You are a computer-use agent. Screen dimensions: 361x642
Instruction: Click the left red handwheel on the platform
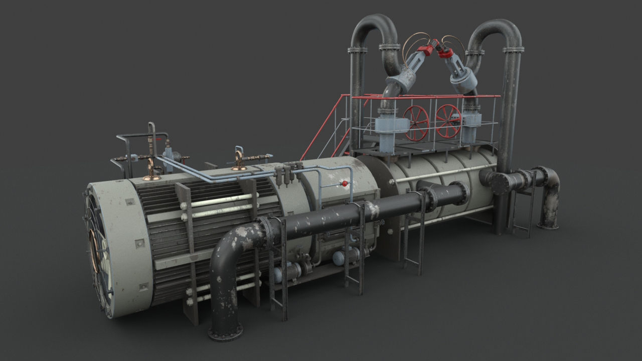tap(416, 122)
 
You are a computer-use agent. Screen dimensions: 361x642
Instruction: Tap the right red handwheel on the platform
tap(448, 121)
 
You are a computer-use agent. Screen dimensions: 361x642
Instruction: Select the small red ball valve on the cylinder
tap(345, 184)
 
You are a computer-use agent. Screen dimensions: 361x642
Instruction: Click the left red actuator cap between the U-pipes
tap(426, 49)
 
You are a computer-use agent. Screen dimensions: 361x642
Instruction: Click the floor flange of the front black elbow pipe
tap(225, 331)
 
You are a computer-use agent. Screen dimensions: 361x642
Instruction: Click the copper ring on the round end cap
tap(93, 250)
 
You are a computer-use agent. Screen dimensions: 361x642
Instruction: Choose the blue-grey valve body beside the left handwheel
tap(387, 130)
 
